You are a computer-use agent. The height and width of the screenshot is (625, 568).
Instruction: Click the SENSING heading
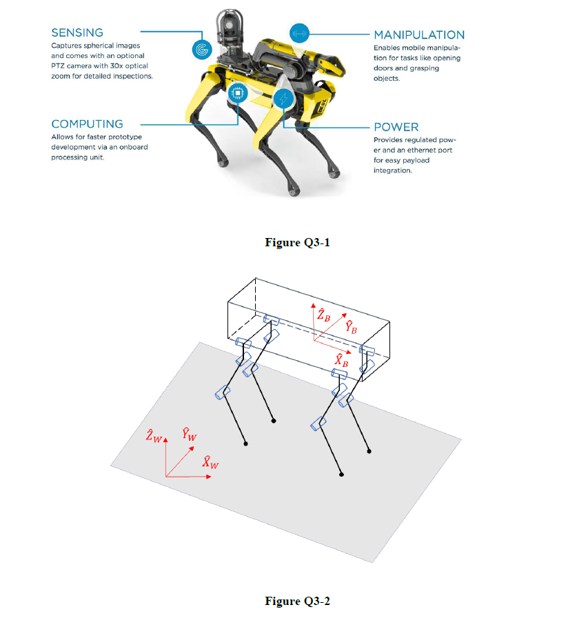point(77,32)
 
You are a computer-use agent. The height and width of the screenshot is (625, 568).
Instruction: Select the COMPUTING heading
point(87,124)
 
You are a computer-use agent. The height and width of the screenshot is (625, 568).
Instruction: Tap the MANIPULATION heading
point(419,34)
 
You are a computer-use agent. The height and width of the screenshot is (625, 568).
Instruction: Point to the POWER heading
point(396,127)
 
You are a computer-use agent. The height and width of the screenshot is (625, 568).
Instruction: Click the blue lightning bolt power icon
point(283,99)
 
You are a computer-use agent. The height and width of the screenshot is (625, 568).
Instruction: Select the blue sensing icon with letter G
point(201,49)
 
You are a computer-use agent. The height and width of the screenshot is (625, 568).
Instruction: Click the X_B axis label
point(341,360)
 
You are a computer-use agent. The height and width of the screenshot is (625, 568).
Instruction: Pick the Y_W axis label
point(189,435)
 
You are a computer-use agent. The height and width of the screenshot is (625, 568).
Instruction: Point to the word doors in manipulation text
point(385,68)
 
